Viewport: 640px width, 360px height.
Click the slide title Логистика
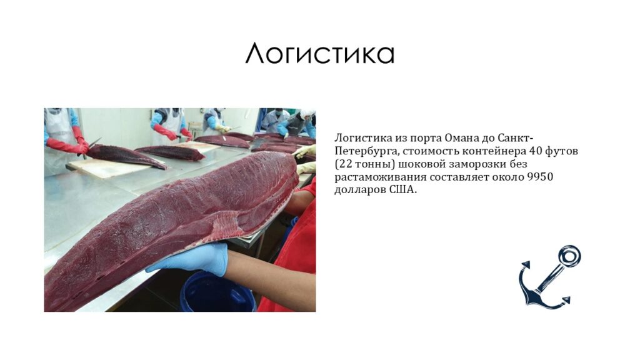coord(319,54)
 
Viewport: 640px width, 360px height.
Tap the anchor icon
coord(549,277)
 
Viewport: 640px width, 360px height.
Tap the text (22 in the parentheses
coord(342,164)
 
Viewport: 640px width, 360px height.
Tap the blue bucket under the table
coord(217,292)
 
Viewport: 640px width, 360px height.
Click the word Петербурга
coord(365,151)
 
